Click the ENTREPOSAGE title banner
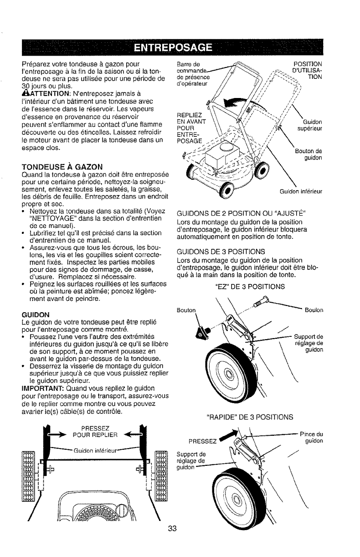click(x=180, y=47)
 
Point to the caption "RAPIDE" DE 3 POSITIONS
click(x=247, y=416)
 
